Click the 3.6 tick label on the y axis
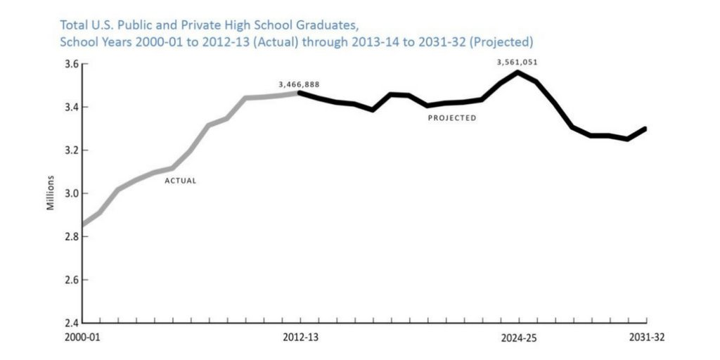[68, 64]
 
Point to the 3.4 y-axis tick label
[68, 107]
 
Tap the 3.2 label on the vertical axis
[68, 150]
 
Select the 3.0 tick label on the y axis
[68, 193]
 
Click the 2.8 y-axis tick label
[68, 237]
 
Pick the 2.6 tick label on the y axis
[68, 280]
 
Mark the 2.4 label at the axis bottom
[68, 323]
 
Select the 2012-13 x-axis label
[300, 337]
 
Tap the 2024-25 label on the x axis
[518, 337]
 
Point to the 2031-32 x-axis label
[645, 337]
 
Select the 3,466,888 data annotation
[299, 84]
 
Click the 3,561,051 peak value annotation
[517, 62]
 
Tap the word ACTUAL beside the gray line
[180, 181]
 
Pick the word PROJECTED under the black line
[452, 118]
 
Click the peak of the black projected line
[518, 72]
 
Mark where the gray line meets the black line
[299, 93]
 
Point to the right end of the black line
[645, 129]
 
